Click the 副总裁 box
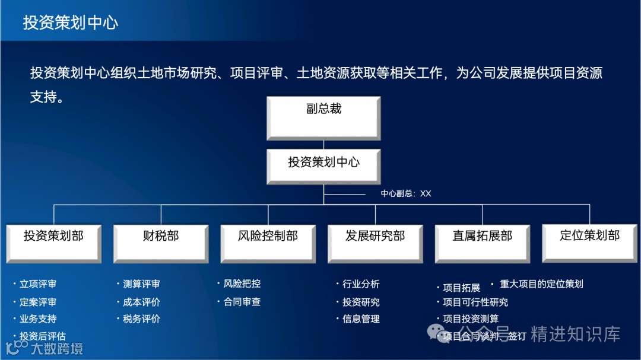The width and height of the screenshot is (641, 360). click(323, 117)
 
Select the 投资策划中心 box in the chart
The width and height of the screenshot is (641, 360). click(323, 165)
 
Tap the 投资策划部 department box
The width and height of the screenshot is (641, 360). click(53, 242)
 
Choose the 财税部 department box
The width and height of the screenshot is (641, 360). click(161, 242)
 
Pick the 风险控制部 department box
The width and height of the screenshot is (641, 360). click(268, 242)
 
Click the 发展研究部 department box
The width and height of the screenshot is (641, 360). click(375, 242)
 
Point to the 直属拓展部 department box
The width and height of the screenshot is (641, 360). click(482, 242)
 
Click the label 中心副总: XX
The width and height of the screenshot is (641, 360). click(406, 193)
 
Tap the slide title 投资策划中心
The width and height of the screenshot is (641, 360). click(71, 23)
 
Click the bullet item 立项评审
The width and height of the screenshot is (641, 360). click(38, 285)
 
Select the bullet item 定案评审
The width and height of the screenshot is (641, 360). click(38, 302)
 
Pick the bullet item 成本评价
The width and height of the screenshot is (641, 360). click(141, 302)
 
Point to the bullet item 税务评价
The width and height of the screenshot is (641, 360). click(141, 319)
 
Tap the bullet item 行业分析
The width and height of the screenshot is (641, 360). click(361, 285)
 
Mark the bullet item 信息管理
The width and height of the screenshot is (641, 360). click(361, 319)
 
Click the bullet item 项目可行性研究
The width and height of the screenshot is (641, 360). click(475, 302)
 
